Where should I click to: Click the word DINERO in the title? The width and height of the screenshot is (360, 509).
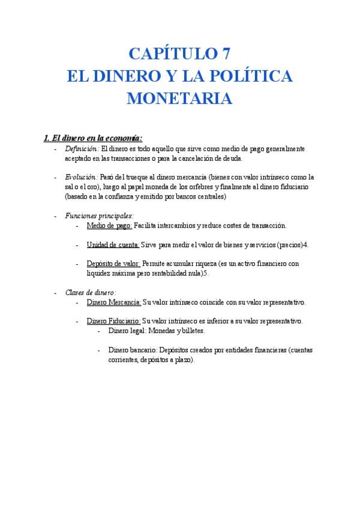pyautogui.click(x=127, y=76)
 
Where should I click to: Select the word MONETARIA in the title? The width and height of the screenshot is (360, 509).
pyautogui.click(x=179, y=98)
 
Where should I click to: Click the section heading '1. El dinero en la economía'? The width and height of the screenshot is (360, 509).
pyautogui.click(x=93, y=137)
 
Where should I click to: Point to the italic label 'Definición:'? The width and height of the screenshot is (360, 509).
pyautogui.click(x=82, y=148)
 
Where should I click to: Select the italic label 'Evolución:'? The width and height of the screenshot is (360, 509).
pyautogui.click(x=81, y=178)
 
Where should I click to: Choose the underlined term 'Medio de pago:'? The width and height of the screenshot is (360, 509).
pyautogui.click(x=109, y=226)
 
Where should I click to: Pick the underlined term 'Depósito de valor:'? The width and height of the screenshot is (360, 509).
pyautogui.click(x=114, y=264)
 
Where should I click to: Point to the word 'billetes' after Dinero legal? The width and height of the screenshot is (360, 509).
pyautogui.click(x=191, y=331)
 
